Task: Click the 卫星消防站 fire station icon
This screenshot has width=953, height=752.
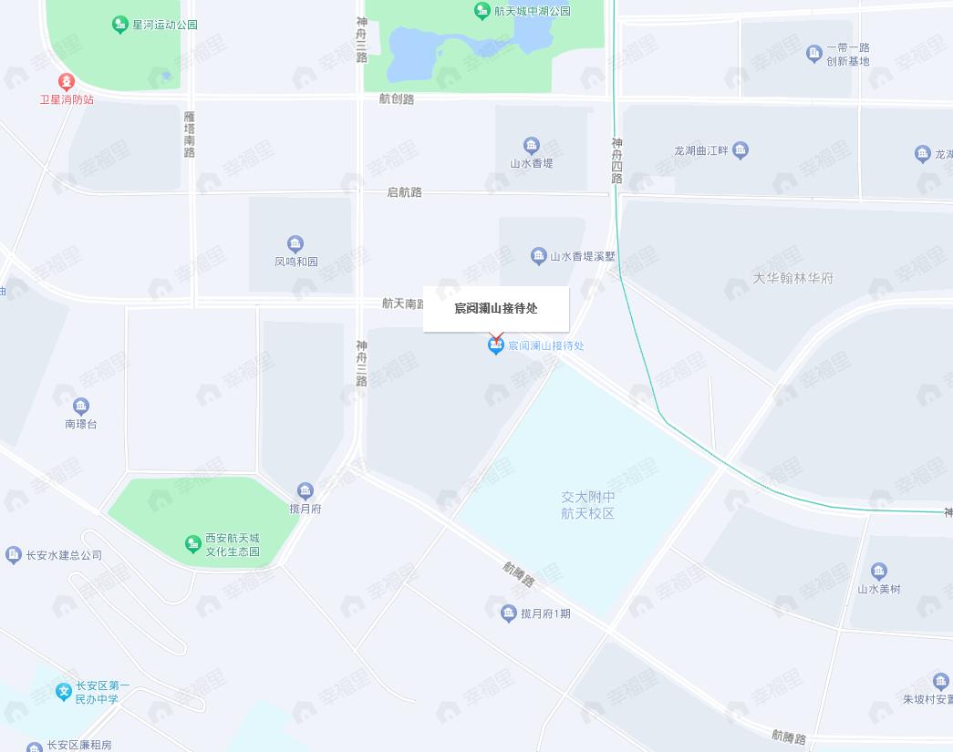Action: point(65,81)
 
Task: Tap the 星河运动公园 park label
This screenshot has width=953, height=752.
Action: point(164,25)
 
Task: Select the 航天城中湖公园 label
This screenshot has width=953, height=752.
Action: point(533,11)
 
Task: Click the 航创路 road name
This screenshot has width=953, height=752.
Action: point(397,98)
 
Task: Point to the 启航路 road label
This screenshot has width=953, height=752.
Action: point(405,192)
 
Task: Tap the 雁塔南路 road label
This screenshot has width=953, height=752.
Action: point(189,134)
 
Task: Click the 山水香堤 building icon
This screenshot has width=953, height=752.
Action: point(532,146)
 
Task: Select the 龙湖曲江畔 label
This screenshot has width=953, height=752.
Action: point(699,149)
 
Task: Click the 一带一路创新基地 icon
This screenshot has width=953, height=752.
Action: point(814,54)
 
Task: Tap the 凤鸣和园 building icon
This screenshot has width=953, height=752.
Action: point(295,243)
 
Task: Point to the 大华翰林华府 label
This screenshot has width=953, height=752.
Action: point(793,278)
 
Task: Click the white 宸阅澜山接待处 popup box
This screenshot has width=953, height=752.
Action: point(496,308)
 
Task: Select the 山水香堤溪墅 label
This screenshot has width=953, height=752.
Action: point(582,256)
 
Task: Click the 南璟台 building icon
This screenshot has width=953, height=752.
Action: point(81,407)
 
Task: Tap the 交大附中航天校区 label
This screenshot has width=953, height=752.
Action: point(587,505)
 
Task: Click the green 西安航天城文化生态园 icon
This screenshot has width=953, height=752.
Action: point(193,544)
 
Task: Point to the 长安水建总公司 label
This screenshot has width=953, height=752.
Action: point(64,555)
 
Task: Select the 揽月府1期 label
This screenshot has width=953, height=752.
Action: point(544,613)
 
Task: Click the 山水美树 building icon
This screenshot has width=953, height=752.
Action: point(879,572)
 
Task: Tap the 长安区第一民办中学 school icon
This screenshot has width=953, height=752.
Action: point(64,692)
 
